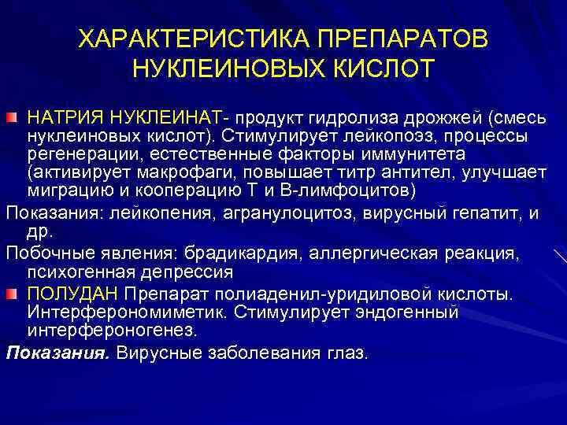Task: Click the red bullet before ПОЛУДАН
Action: (x=12, y=294)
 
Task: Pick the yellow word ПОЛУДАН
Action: (x=72, y=294)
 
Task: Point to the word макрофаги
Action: (x=188, y=173)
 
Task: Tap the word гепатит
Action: (x=464, y=212)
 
